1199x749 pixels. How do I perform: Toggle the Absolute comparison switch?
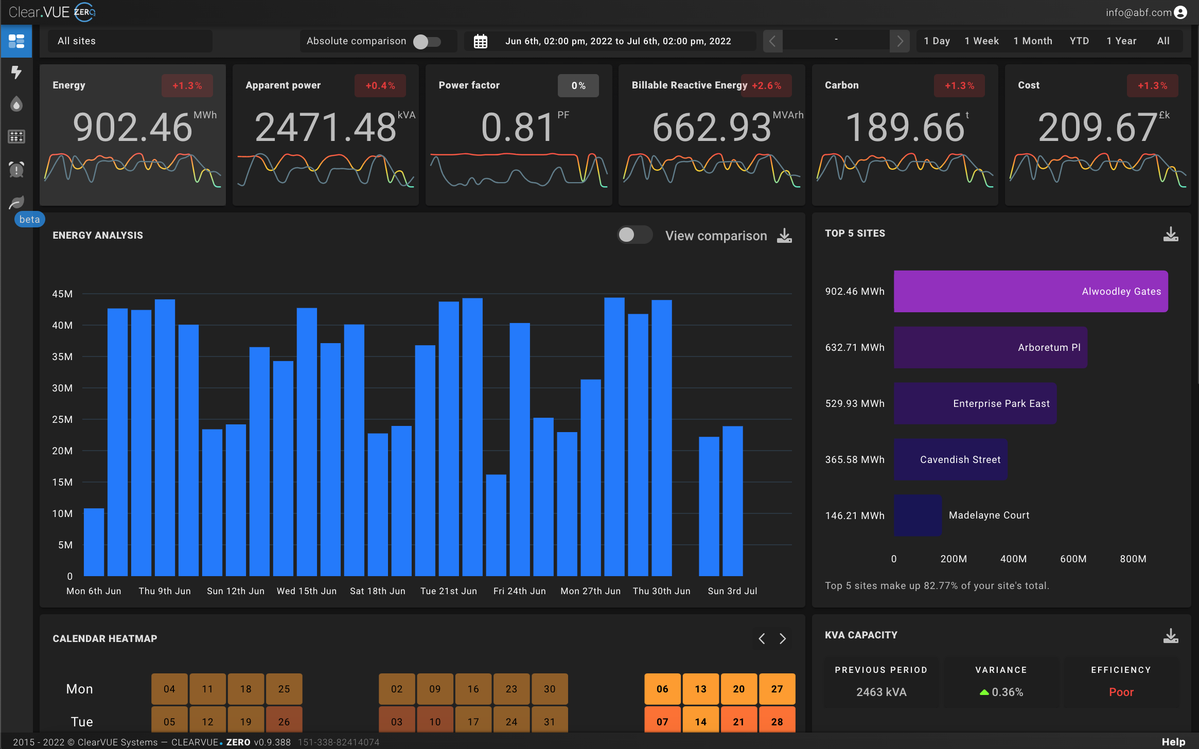pyautogui.click(x=427, y=41)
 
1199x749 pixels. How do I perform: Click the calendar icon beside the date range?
pyautogui.click(x=480, y=41)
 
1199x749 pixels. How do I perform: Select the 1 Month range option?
pyautogui.click(x=1032, y=41)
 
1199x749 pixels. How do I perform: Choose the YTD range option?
pyautogui.click(x=1079, y=41)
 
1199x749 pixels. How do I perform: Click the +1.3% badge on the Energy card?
pyautogui.click(x=187, y=86)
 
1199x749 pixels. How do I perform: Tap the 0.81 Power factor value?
pyautogui.click(x=517, y=128)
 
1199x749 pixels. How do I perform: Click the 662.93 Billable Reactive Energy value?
pyautogui.click(x=712, y=128)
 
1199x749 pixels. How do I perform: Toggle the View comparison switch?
pyautogui.click(x=634, y=235)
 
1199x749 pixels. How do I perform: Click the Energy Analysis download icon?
pyautogui.click(x=784, y=236)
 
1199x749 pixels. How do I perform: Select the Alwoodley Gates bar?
pyautogui.click(x=1030, y=291)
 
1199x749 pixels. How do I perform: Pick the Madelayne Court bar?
pyautogui.click(x=918, y=515)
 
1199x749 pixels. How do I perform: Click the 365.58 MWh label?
pyautogui.click(x=855, y=459)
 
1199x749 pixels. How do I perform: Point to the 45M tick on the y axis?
pyautogui.click(x=62, y=294)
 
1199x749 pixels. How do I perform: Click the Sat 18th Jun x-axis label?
pyautogui.click(x=377, y=591)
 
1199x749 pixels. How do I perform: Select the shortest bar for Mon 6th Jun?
pyautogui.click(x=94, y=542)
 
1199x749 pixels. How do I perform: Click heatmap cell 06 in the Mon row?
pyautogui.click(x=662, y=689)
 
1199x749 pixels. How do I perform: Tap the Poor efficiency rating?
pyautogui.click(x=1121, y=692)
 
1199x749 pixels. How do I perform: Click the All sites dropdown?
pyautogui.click(x=130, y=41)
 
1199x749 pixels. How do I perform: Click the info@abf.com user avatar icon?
pyautogui.click(x=1180, y=12)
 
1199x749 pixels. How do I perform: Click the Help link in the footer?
pyautogui.click(x=1173, y=742)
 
